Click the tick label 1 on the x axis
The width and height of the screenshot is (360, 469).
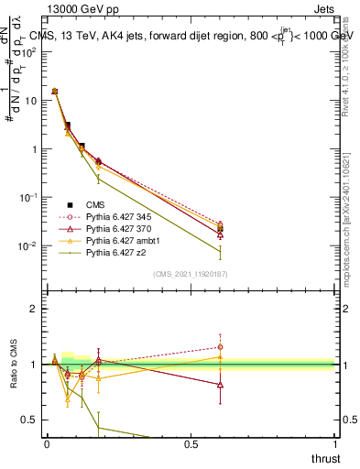[x=334, y=443]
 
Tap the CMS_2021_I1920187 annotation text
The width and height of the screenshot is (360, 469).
[x=190, y=274]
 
